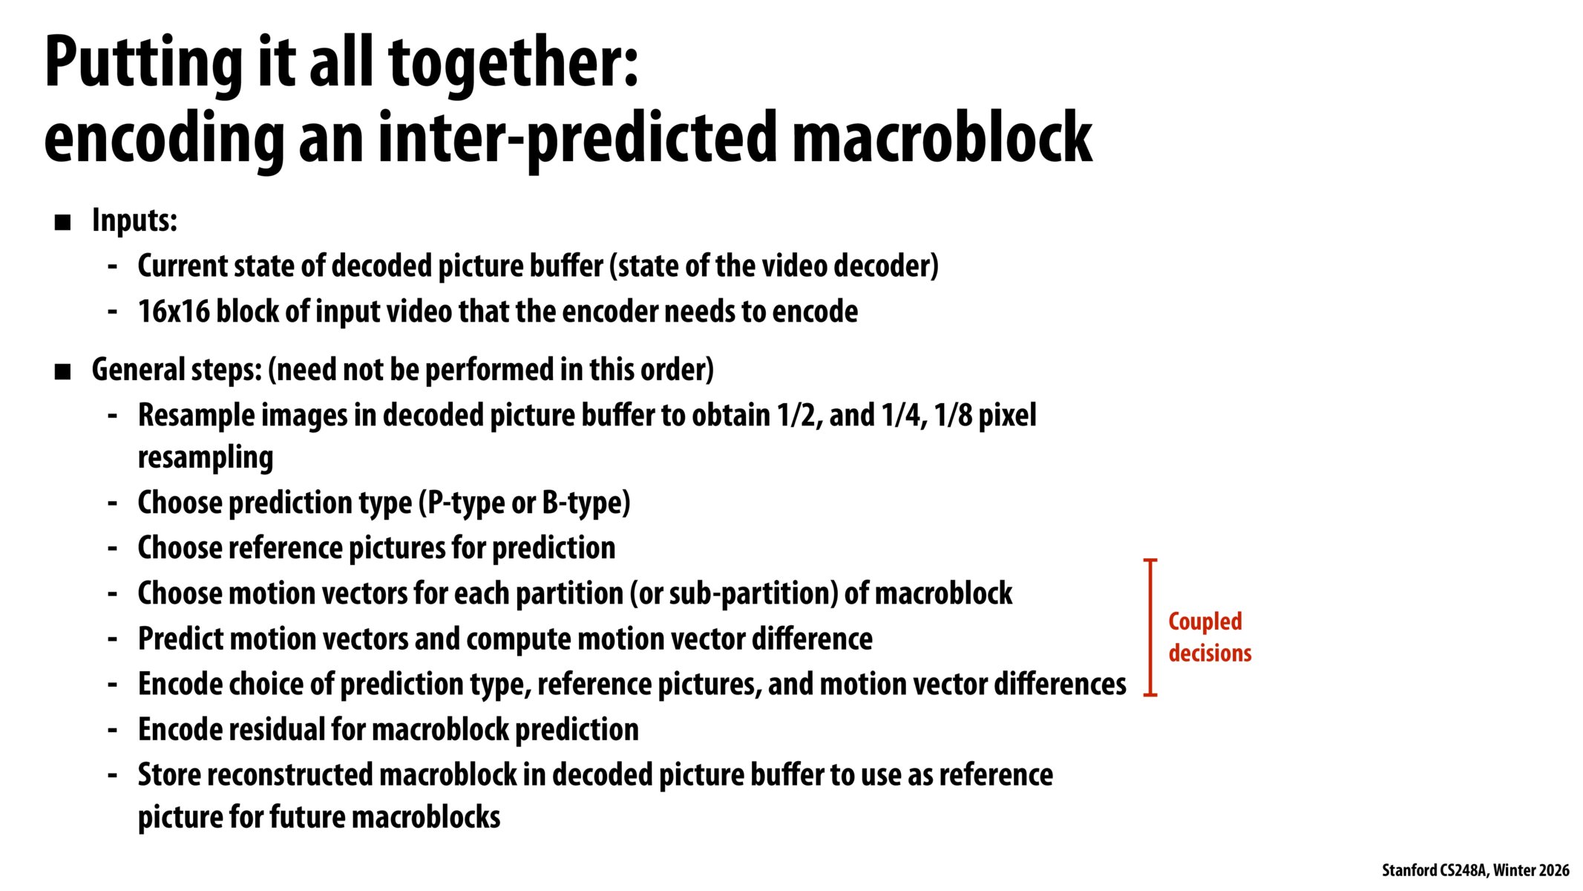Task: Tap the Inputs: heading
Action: [134, 221]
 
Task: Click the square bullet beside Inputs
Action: [63, 222]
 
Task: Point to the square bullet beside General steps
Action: [63, 371]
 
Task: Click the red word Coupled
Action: [1205, 621]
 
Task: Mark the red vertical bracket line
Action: [1150, 627]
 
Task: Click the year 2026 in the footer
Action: [1554, 870]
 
